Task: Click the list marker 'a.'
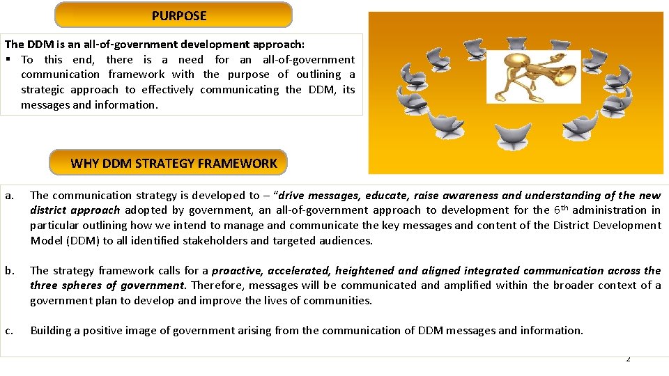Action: click(x=8, y=196)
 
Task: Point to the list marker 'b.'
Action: click(x=8, y=270)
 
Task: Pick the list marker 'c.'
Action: click(x=8, y=331)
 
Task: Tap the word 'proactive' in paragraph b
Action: click(x=238, y=270)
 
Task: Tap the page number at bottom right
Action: click(x=628, y=359)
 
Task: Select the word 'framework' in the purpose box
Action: click(x=136, y=75)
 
